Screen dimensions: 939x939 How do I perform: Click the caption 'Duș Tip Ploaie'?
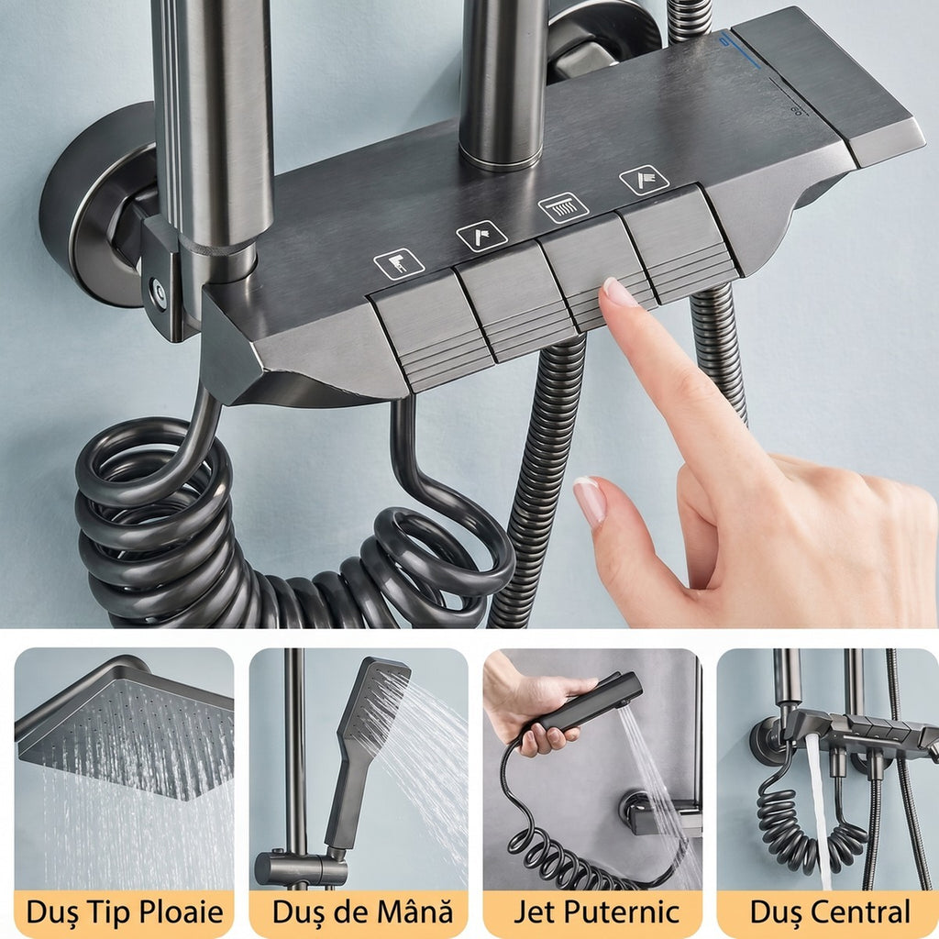click(x=125, y=912)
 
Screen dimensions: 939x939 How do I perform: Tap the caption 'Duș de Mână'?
click(x=361, y=911)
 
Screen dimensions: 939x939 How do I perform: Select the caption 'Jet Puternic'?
click(x=596, y=911)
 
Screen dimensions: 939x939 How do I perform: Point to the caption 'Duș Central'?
click(x=829, y=911)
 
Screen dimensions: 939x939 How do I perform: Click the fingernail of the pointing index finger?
click(x=619, y=293)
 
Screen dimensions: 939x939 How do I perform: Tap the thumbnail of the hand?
click(x=590, y=501)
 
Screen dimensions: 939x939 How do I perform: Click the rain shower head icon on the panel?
click(x=563, y=207)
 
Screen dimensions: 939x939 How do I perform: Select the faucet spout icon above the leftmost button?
click(x=399, y=263)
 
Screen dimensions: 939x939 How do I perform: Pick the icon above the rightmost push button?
click(x=644, y=180)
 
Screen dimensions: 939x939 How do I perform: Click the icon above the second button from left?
click(x=481, y=236)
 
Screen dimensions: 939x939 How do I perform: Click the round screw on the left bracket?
click(x=158, y=291)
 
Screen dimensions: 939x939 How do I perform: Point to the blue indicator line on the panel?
click(x=740, y=50)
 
